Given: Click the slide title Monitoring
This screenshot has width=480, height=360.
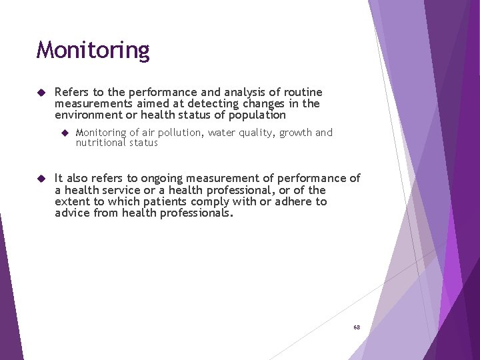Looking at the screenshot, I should click(93, 50).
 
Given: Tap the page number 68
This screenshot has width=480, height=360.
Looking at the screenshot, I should click(357, 327).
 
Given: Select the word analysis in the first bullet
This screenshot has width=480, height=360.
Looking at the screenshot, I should click(244, 92).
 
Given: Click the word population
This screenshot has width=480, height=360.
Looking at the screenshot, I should click(256, 115).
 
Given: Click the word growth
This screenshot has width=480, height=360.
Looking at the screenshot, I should click(295, 133).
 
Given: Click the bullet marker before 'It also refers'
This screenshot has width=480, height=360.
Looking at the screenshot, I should click(40, 179).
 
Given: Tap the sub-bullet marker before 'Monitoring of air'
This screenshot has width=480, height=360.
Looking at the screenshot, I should click(65, 133).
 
